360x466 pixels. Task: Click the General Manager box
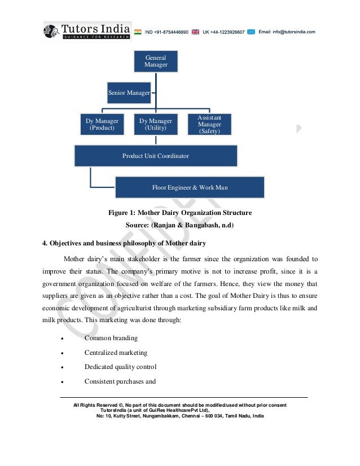(156, 61)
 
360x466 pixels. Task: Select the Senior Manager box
(129, 93)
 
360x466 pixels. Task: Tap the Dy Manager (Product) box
(102, 124)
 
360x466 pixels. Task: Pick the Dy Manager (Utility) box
(156, 124)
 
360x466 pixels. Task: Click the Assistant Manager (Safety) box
(209, 124)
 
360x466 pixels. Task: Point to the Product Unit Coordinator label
(156, 156)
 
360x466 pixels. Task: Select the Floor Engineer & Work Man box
(190, 187)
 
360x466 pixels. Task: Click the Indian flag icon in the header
(138, 32)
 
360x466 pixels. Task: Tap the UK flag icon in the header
(195, 32)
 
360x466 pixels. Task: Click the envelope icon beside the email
(251, 32)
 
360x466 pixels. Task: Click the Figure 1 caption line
(179, 213)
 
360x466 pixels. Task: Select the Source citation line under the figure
(179, 225)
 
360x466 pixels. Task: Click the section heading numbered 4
(123, 243)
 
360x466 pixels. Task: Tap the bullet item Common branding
(111, 338)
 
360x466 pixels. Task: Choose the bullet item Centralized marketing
(116, 353)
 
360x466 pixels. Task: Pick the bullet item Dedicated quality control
(120, 367)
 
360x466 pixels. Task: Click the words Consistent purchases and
(120, 381)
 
